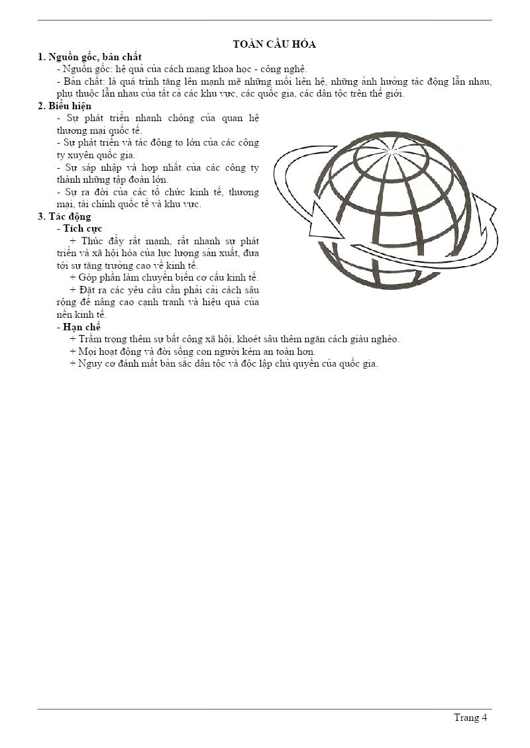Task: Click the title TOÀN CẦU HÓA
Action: point(274,44)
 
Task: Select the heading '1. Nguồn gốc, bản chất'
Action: point(89,57)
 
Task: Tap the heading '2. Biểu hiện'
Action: point(65,106)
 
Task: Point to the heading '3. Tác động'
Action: point(64,216)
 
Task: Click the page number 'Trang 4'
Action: point(470,718)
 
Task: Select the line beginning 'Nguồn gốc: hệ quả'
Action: point(182,69)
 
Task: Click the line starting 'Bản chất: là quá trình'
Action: point(274,81)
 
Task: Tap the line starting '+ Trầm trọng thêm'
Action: point(235,339)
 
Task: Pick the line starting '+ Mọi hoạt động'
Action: point(192,351)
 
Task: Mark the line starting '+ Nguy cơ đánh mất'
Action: point(223,363)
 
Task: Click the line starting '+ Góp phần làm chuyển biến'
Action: point(164,277)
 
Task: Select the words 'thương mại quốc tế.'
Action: point(99,130)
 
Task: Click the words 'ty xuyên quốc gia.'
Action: point(95,155)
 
